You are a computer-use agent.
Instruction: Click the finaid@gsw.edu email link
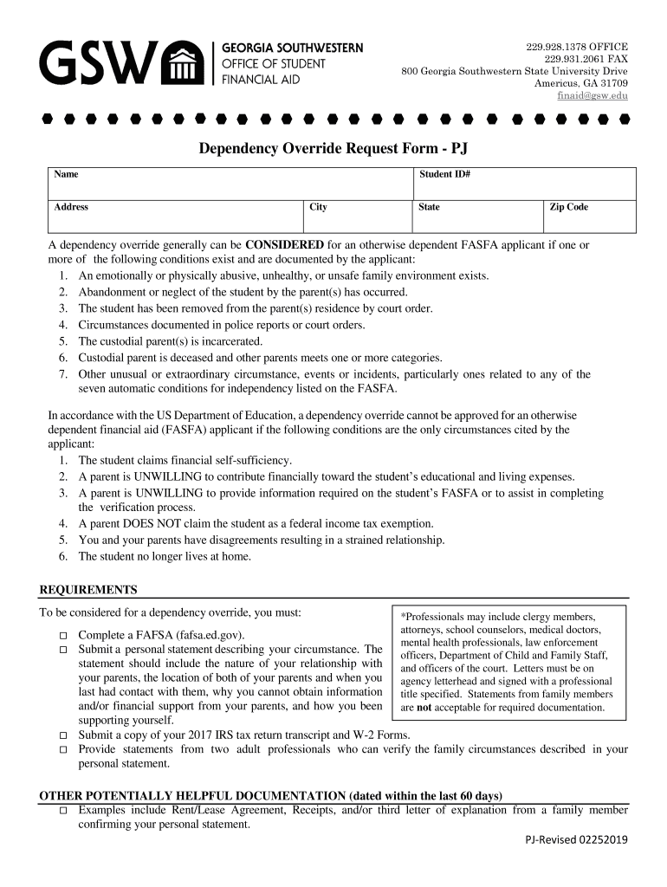coord(592,95)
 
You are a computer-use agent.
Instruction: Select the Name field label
coord(67,174)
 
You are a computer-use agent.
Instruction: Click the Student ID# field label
coord(444,174)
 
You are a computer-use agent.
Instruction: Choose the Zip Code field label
coord(568,207)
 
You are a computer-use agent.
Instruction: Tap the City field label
coord(318,207)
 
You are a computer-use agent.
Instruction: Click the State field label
coord(429,207)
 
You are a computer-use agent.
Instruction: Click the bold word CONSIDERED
coord(285,244)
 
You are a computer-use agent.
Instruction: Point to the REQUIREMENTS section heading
coord(88,590)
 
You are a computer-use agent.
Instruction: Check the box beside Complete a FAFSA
coord(63,636)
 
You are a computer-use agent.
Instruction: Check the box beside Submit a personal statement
coord(63,650)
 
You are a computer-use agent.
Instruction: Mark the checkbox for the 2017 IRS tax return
coord(63,735)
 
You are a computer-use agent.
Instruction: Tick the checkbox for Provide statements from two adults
coord(63,750)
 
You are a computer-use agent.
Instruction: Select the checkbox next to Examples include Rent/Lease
coord(63,811)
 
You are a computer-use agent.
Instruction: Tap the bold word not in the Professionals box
coord(425,708)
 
